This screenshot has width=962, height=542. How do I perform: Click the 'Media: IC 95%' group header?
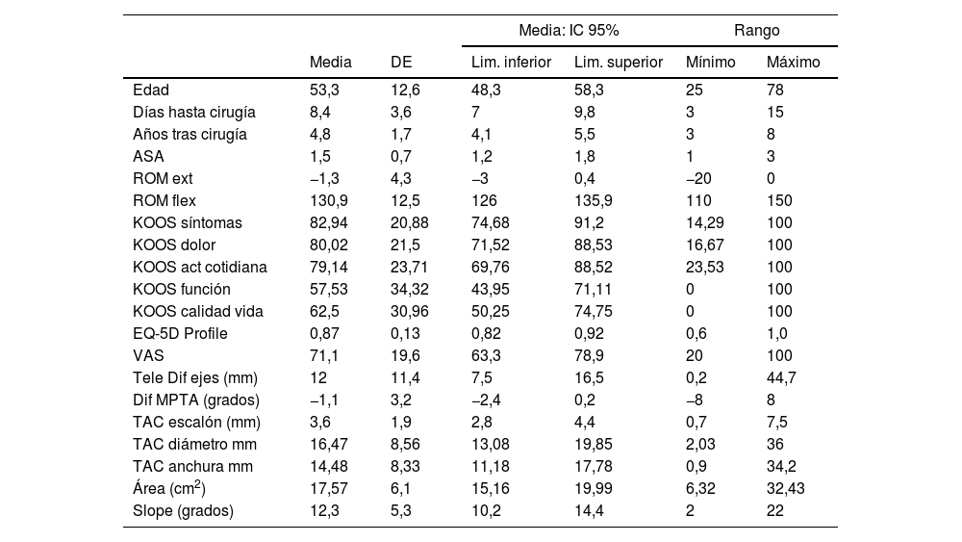569,31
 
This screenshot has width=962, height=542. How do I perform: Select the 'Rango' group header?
757,31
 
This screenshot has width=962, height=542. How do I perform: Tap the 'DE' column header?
401,63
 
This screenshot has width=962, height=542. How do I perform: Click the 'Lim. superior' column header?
619,63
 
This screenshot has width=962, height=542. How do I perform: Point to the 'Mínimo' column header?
710,63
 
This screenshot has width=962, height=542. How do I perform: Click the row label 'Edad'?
151,90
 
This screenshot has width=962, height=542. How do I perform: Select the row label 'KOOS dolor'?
174,245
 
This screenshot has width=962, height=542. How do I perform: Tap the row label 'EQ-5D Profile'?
181,334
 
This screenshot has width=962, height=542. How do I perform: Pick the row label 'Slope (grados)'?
183,511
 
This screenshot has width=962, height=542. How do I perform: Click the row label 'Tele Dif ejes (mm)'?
195,378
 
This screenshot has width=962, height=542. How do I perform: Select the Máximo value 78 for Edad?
775,90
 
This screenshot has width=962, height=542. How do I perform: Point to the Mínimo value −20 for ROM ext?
701,179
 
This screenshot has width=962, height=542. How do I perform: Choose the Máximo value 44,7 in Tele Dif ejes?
781,378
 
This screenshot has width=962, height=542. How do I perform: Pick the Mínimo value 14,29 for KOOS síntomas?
704,223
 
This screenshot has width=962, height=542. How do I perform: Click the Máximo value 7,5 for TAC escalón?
777,423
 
